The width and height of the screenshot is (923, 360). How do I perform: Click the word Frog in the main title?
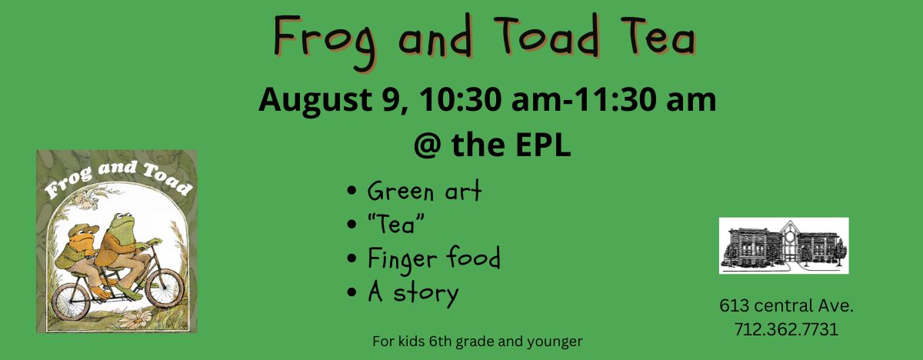click(325, 42)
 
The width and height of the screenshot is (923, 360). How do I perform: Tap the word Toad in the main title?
click(546, 35)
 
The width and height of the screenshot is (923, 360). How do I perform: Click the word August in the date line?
click(315, 101)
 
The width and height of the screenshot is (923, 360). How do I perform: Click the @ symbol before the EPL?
click(429, 146)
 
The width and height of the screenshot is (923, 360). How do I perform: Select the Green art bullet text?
click(425, 192)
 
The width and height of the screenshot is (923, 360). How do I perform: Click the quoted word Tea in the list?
click(396, 225)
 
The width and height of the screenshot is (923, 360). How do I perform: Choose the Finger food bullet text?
click(434, 259)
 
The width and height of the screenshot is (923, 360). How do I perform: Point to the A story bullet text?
click(413, 293)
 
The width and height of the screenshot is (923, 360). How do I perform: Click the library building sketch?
click(784, 245)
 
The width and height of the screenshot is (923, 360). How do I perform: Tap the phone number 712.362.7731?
click(786, 329)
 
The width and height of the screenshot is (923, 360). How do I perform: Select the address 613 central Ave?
click(786, 305)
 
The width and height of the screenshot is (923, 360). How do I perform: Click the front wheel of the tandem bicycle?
click(165, 288)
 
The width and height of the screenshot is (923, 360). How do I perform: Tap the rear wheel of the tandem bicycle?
click(72, 302)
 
